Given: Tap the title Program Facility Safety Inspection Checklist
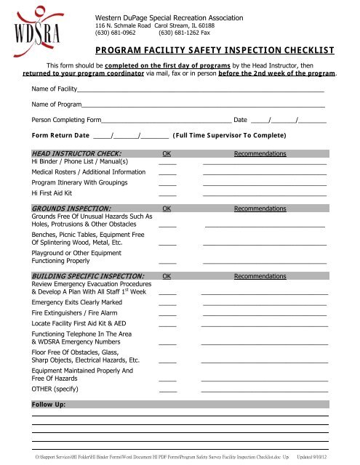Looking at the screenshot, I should click(x=215, y=51).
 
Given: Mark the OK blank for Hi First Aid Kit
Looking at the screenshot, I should click(x=168, y=195).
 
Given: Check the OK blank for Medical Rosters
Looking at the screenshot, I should click(x=168, y=174).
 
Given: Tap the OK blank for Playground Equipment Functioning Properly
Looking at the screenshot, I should click(x=168, y=261).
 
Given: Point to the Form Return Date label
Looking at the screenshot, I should click(x=60, y=136).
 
